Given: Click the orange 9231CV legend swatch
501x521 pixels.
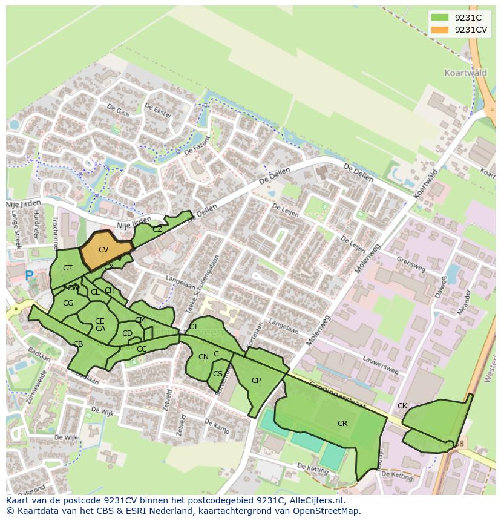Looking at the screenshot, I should [440, 30].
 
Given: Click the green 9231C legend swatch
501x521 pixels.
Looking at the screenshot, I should [440, 17].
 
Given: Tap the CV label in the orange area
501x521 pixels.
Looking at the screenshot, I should [103, 250].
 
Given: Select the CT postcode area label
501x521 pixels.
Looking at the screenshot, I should [67, 268].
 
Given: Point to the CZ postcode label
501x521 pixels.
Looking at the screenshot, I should [157, 229].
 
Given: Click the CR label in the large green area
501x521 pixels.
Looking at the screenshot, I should [342, 424].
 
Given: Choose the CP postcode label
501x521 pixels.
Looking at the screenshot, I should [256, 381].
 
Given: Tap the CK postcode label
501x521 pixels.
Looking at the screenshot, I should [402, 406].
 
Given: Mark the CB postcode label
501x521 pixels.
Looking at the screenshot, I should [78, 344].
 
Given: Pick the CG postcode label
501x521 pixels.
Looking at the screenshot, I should [68, 303].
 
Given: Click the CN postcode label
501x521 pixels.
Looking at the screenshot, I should [203, 357].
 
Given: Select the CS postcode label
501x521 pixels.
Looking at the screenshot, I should [218, 374].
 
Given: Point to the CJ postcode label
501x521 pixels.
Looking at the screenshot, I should [193, 327].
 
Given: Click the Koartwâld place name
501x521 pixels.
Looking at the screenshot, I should [465, 73].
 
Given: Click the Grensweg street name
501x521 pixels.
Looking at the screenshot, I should [411, 264].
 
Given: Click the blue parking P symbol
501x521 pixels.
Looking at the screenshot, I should [30, 275].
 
